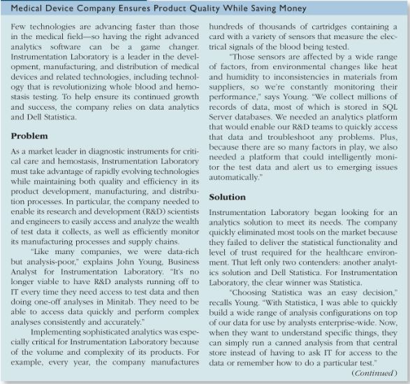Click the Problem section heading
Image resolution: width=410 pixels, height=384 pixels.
[30, 135]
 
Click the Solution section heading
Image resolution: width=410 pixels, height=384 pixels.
[228, 198]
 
